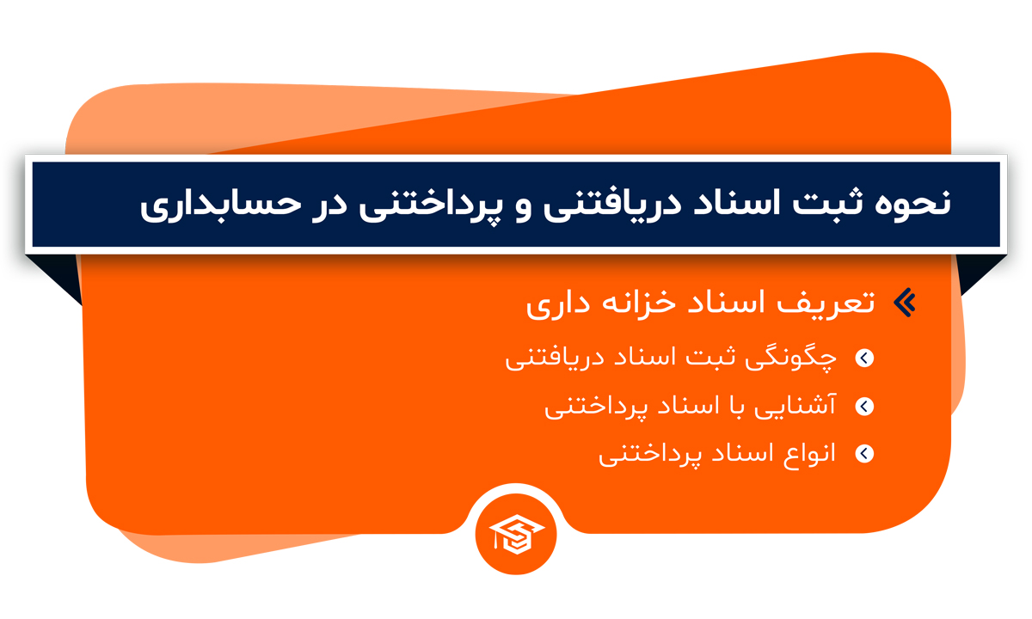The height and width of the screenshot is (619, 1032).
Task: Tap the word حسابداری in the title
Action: point(220,205)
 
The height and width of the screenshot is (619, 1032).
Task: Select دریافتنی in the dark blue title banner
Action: point(611,205)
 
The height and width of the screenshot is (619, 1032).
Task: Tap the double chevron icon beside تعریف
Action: point(905,303)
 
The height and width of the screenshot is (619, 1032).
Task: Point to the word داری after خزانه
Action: point(558,305)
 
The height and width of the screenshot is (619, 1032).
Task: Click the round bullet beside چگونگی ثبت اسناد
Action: point(864,358)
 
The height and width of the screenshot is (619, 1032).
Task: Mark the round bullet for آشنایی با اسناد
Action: point(864,406)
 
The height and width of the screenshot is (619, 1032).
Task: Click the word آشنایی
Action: point(795,406)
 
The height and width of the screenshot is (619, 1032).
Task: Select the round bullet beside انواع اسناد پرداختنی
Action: point(864,454)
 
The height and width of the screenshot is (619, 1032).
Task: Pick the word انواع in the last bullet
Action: point(809,455)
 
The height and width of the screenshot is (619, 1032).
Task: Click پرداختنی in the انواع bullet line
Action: point(649,456)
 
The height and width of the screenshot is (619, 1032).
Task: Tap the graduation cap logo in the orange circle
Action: point(517,534)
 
